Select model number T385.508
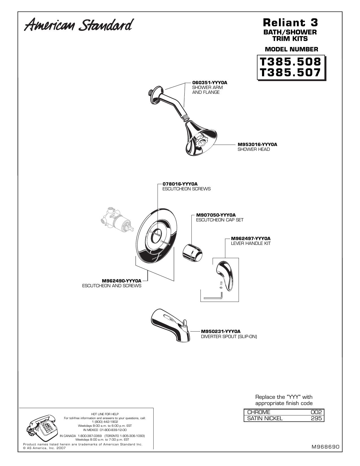point(291,62)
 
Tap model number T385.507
point(291,73)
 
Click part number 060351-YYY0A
point(210,82)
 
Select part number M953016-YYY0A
point(257,145)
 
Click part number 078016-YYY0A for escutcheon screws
point(180,184)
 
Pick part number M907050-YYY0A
point(216,215)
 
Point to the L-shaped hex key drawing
point(213,296)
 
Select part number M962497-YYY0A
point(251,238)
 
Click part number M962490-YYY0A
point(122,281)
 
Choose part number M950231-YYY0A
point(221,332)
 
